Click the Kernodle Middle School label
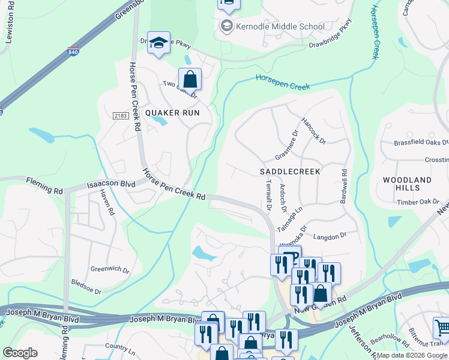[280, 26]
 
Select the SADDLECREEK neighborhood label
[290, 171]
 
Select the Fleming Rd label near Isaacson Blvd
[44, 184]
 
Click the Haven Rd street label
[107, 202]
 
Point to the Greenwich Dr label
[109, 269]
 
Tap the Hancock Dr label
[313, 130]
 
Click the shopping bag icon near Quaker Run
[190, 79]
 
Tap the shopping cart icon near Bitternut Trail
[442, 327]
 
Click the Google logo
[20, 353]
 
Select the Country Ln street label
[119, 347]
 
